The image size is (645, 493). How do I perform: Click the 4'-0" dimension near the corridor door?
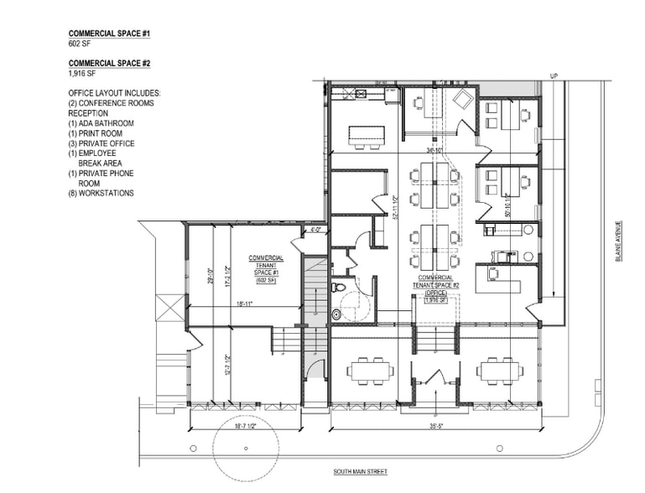[x=315, y=228]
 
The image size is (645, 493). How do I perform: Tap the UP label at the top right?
[x=553, y=75]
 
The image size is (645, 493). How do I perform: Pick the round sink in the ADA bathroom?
[x=337, y=315]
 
